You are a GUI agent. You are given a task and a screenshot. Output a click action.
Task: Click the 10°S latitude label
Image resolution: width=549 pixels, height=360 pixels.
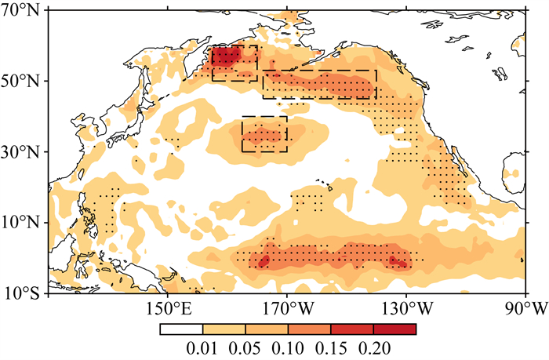tap(23, 293)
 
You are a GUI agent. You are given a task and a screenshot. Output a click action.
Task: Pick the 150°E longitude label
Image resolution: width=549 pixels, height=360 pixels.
tap(169, 309)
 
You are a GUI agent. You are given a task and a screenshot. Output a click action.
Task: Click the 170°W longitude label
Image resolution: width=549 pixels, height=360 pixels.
tap(288, 309)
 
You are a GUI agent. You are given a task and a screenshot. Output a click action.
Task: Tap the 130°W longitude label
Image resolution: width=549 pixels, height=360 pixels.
tap(407, 309)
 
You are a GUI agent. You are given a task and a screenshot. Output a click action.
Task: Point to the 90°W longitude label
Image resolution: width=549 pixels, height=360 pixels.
tap(526, 309)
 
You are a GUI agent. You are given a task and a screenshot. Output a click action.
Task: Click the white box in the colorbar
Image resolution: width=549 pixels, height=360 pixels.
tap(181, 329)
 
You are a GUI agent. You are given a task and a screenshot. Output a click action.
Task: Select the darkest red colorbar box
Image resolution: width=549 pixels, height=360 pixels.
tap(394, 329)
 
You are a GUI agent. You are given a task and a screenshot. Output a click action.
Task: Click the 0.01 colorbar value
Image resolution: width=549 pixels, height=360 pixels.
tap(202, 349)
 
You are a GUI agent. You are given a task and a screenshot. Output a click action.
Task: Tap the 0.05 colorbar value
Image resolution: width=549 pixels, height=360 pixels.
tap(245, 349)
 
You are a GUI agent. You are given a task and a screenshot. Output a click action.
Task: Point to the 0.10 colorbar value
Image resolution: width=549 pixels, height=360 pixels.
tap(288, 349)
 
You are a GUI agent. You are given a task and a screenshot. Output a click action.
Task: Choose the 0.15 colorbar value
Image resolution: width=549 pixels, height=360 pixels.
tap(331, 349)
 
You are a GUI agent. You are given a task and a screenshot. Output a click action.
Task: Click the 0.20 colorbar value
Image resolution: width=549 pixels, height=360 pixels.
tap(374, 349)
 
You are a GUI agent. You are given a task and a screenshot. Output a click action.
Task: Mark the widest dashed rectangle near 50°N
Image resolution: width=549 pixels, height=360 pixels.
tap(319, 70)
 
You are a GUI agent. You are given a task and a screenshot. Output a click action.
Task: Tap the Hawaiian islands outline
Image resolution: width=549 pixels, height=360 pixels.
tap(325, 184)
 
